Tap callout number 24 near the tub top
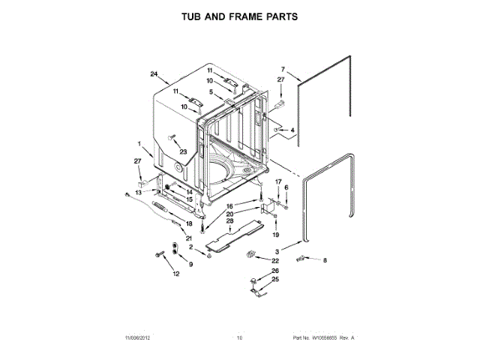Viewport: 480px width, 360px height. click(154, 73)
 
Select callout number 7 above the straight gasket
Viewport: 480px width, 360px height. click(283, 68)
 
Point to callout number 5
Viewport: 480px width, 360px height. click(212, 92)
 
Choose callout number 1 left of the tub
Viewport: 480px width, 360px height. click(139, 143)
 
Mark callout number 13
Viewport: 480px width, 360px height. click(137, 193)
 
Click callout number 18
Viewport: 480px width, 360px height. click(189, 223)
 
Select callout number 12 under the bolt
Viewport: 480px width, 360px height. click(176, 274)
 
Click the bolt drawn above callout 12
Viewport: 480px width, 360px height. click(160, 255)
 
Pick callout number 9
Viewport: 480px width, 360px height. click(190, 265)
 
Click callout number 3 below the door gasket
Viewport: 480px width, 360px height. click(276, 251)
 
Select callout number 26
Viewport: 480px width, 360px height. click(274, 271)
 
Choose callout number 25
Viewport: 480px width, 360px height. click(274, 279)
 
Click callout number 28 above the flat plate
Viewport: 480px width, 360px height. click(230, 221)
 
